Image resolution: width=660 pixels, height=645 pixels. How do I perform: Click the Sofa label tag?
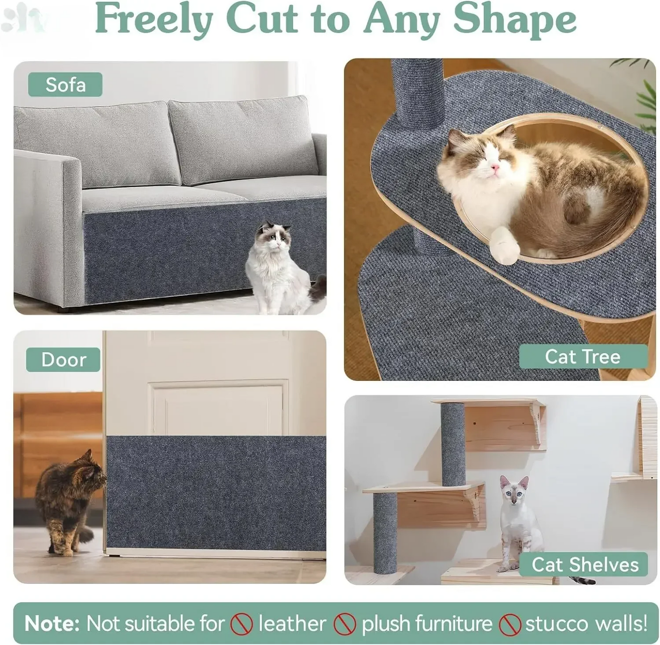[65, 85]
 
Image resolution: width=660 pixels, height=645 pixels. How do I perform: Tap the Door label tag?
[63, 360]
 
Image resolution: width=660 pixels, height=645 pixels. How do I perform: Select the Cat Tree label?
[583, 357]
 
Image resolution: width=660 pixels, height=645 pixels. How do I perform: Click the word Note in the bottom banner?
[52, 624]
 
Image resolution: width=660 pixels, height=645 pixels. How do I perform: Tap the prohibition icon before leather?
[242, 624]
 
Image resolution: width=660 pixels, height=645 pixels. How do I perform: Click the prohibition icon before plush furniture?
[345, 624]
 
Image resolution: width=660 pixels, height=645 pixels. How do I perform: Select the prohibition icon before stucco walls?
[510, 624]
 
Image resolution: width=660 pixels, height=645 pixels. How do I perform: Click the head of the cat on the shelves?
[515, 490]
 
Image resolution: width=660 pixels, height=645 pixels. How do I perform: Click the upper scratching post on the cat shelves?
[453, 443]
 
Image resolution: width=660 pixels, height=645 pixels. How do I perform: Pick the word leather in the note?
[292, 624]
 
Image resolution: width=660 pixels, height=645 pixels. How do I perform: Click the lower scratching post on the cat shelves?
[385, 533]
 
